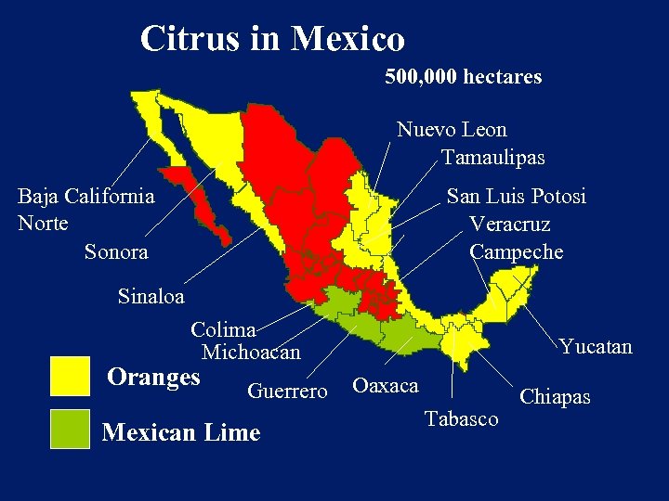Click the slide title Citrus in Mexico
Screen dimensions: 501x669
(272, 39)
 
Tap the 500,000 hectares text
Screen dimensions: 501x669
(463, 76)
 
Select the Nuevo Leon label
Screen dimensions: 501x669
(452, 129)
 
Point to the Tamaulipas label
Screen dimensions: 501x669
(492, 157)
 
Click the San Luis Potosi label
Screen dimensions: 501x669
(516, 197)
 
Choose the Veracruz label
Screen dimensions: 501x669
(509, 225)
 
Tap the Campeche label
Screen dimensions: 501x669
(516, 252)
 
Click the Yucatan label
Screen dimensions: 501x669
(595, 347)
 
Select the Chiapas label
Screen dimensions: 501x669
(555, 397)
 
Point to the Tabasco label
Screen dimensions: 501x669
(461, 418)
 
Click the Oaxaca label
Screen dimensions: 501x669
(386, 385)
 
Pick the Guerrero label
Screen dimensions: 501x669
(287, 392)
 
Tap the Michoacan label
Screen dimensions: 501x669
(251, 353)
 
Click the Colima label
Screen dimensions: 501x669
(223, 329)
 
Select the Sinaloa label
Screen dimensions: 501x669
(151, 297)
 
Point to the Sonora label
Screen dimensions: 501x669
(116, 251)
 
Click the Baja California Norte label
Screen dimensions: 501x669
(85, 210)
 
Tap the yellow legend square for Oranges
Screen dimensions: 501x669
(70, 376)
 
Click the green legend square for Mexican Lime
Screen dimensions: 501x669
(70, 429)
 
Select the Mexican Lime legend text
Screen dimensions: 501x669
(181, 432)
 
